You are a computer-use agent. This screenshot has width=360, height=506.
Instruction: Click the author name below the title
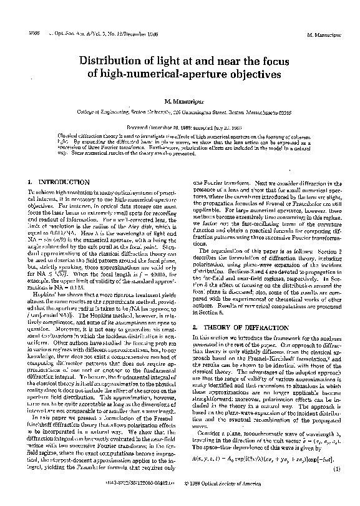tap(180, 100)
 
